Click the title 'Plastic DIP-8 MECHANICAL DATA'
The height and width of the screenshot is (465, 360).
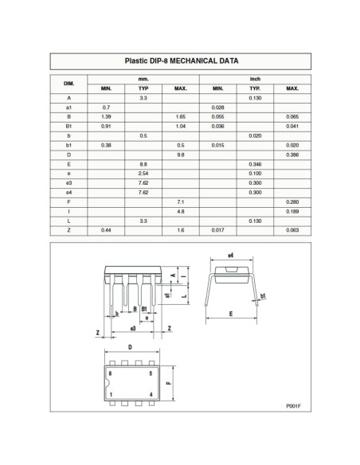tap(181, 61)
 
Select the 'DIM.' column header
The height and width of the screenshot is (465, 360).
tap(68, 83)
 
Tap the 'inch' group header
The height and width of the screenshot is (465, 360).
tap(255, 78)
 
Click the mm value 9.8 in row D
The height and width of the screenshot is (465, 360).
tap(181, 154)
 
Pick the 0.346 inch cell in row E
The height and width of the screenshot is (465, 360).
tap(255, 163)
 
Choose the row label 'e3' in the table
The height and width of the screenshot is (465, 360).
tap(68, 182)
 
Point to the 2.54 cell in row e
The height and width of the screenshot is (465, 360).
tap(143, 173)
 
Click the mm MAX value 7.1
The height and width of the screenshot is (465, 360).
tap(181, 201)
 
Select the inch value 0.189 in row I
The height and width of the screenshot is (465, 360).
tap(292, 211)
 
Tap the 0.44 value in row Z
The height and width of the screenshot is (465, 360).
tap(106, 230)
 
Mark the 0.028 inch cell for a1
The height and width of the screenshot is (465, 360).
tap(217, 107)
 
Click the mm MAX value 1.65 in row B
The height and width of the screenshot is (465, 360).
tap(181, 116)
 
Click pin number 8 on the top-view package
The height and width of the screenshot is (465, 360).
tap(110, 372)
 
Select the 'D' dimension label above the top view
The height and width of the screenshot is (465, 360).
tap(130, 348)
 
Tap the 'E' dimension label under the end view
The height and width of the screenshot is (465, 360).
tap(230, 313)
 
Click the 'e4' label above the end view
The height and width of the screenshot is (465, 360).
tap(230, 256)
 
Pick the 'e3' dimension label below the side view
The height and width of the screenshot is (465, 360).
tap(132, 328)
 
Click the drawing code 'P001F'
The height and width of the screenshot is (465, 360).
tap(294, 406)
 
